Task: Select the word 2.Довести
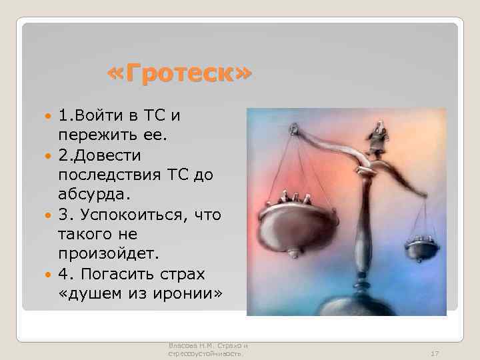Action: tap(100, 155)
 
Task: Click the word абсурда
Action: tap(87, 195)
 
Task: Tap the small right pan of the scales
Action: tap(422, 248)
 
